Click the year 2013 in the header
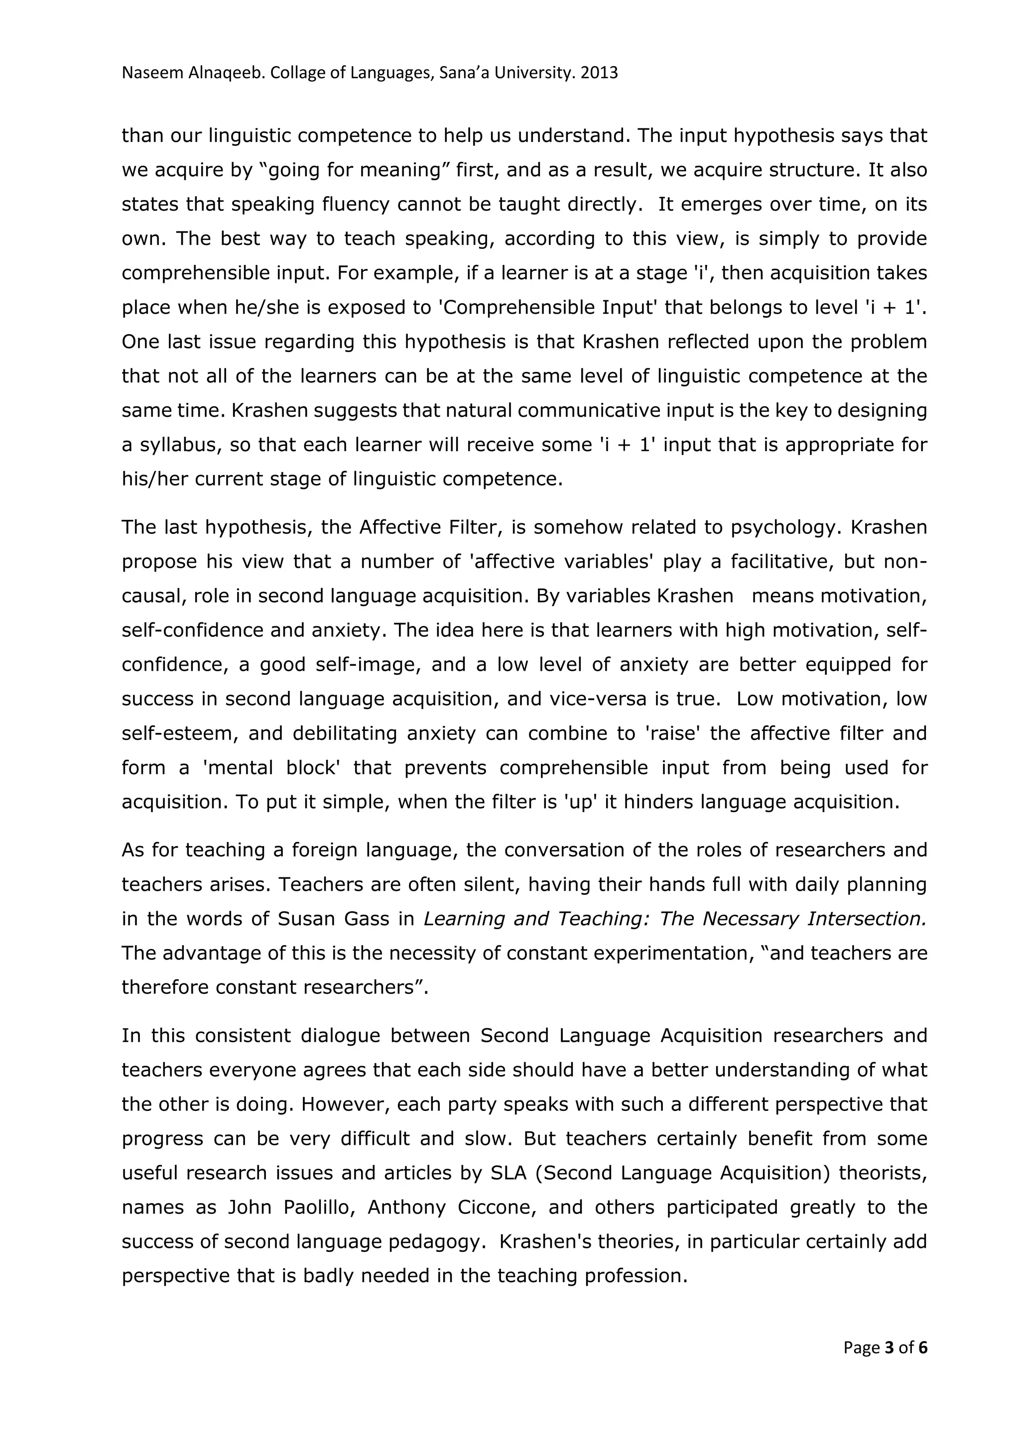[x=599, y=74]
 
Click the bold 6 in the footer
[x=923, y=1348]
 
